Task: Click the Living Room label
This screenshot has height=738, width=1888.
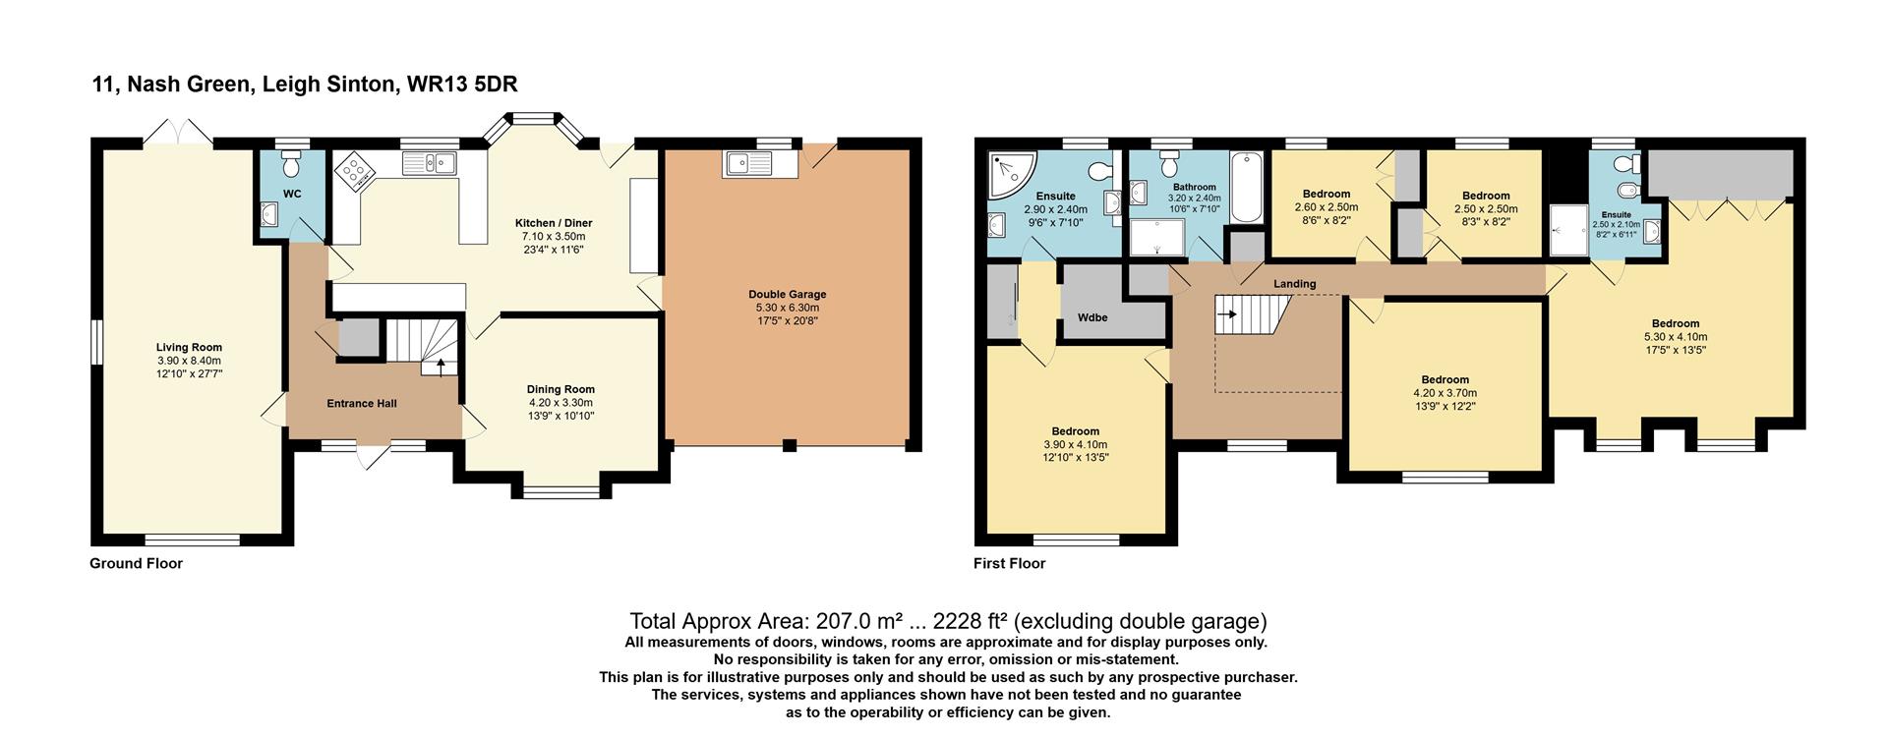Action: [x=189, y=347]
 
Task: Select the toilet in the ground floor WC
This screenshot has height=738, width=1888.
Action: [x=291, y=161]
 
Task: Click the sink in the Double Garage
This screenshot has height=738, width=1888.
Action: [x=762, y=164]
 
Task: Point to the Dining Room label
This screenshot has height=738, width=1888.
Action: [x=560, y=389]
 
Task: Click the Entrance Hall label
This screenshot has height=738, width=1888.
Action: [x=362, y=403]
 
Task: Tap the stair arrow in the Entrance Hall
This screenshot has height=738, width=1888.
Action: [x=440, y=366]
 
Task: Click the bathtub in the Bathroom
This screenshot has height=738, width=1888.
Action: [x=1245, y=187]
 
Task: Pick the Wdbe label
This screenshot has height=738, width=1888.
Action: [x=1093, y=317]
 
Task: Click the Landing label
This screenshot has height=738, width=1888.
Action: [x=1295, y=284]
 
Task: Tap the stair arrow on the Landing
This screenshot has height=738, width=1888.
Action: [x=1226, y=314]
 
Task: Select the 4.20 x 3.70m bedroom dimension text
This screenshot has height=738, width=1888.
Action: [x=1445, y=393]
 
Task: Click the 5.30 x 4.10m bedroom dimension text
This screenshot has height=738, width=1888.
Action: [x=1676, y=337]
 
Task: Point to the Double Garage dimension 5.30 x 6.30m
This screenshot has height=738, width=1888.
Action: [x=788, y=308]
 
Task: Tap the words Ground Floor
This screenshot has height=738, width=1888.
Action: [x=136, y=563]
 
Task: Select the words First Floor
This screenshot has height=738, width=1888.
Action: [x=1010, y=563]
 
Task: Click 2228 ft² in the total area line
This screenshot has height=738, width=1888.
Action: [x=971, y=621]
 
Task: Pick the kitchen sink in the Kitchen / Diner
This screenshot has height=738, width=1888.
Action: [x=431, y=163]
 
